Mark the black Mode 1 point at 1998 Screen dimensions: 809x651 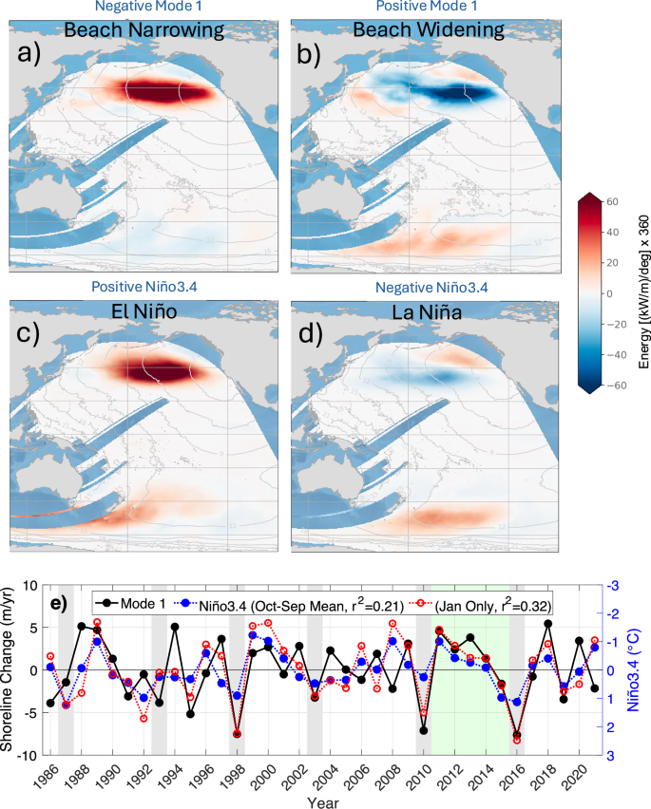pyautogui.click(x=237, y=734)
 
